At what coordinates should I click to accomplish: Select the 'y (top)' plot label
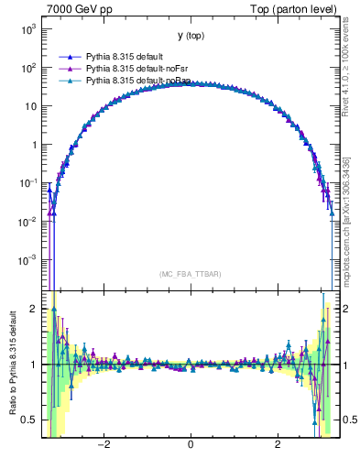tap(191, 36)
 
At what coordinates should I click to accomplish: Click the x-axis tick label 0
tap(190, 444)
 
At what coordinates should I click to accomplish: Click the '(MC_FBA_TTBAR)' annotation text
tap(190, 274)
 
